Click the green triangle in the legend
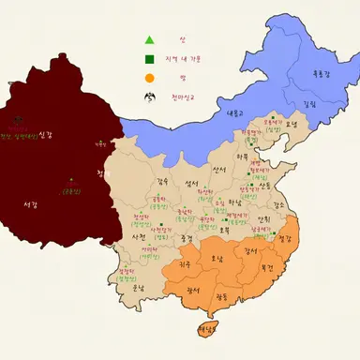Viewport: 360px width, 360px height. click(x=148, y=39)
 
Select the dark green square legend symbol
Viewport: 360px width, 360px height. click(x=148, y=59)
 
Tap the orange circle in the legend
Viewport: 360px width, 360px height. click(x=148, y=77)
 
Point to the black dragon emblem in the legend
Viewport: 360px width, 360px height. click(x=147, y=96)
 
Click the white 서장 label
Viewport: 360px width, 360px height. click(x=30, y=203)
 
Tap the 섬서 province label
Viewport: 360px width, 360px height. click(x=193, y=184)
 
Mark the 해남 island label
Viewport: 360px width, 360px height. click(x=204, y=329)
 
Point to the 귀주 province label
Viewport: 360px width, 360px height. click(x=186, y=266)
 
